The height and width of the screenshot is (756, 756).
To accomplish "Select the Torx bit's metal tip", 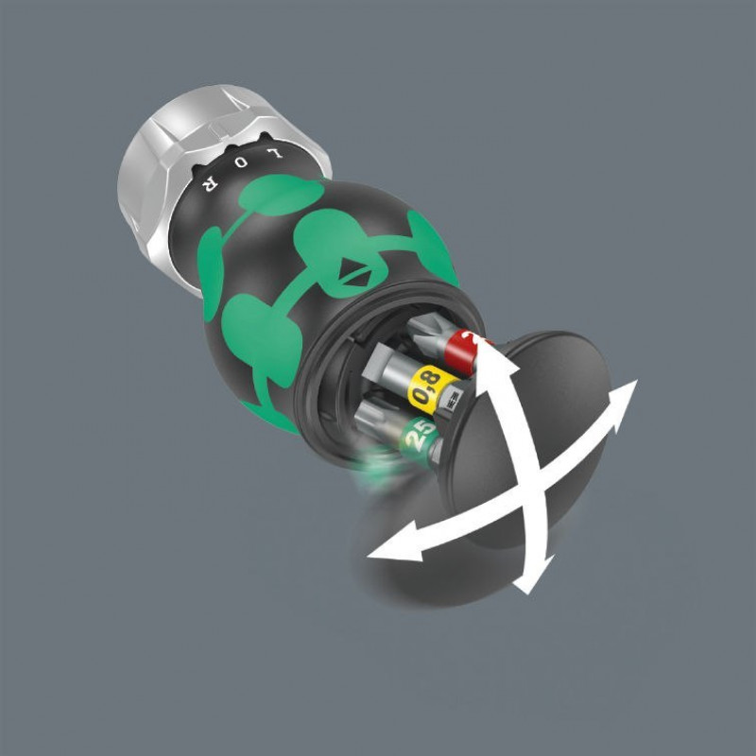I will click(371, 413).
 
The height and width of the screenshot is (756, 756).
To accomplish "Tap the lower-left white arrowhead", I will click(383, 547).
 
